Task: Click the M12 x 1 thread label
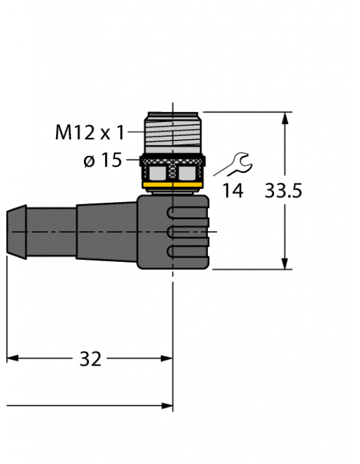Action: click(x=89, y=132)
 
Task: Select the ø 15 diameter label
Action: click(x=102, y=160)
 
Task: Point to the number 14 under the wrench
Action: click(x=233, y=190)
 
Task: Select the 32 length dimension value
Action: click(x=90, y=359)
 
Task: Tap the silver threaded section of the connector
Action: click(x=173, y=133)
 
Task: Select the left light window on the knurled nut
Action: click(x=158, y=172)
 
